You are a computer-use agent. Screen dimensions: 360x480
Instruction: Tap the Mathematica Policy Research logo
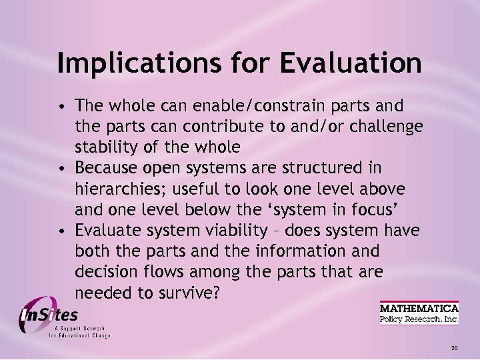(x=419, y=313)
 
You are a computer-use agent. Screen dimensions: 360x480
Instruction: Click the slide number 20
(x=454, y=348)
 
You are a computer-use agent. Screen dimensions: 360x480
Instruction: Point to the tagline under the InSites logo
(x=79, y=333)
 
